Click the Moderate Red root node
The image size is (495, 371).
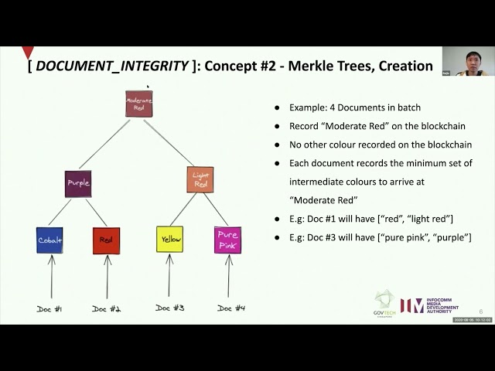tap(139, 104)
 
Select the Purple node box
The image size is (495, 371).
tap(78, 183)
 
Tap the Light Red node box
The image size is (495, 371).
tap(200, 180)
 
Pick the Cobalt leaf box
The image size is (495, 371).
tap(49, 240)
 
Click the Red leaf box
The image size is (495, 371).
tap(106, 240)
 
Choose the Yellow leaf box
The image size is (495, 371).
tap(169, 240)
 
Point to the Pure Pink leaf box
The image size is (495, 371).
tap(227, 240)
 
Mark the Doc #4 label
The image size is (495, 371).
tap(230, 308)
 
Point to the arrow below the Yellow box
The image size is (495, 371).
tap(169, 277)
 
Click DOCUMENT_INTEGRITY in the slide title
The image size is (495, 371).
tap(111, 66)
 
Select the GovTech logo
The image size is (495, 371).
tap(384, 303)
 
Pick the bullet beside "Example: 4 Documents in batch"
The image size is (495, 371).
tap(277, 107)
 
